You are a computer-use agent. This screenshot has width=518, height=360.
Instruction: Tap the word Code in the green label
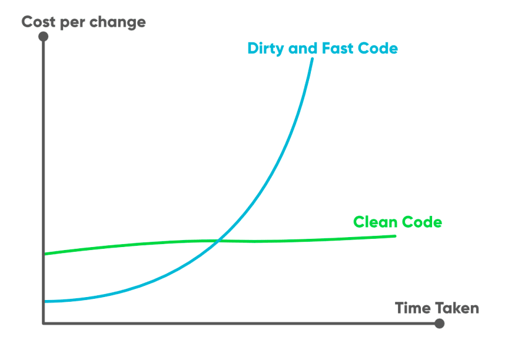[421, 222]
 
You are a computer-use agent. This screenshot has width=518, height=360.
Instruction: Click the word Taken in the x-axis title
[457, 308]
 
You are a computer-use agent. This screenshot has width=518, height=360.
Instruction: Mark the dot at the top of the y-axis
[43, 36]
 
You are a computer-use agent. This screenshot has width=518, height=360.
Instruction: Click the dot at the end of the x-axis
[439, 323]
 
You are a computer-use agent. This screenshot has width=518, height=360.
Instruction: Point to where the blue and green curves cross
[218, 240]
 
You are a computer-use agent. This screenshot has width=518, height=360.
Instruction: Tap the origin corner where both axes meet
[44, 323]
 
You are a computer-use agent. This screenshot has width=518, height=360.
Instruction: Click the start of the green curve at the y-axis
[45, 254]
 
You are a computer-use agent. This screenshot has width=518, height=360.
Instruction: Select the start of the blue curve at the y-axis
[45, 301]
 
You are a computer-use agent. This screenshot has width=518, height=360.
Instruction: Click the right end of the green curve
[395, 236]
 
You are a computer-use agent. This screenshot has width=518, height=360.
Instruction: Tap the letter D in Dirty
[253, 48]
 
